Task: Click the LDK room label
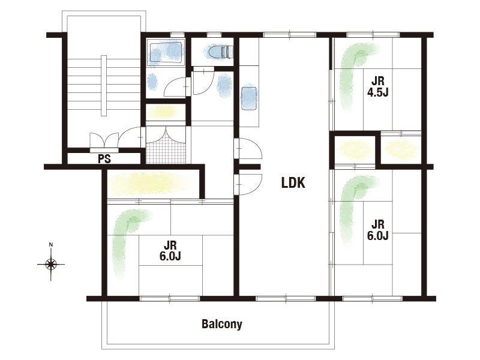[293, 183]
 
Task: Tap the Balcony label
[221, 324]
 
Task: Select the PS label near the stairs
[104, 159]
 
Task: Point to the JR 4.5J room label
[378, 86]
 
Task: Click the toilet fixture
[220, 52]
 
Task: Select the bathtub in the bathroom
[166, 52]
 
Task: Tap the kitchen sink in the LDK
[249, 98]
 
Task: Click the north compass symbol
[51, 264]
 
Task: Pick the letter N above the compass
[51, 244]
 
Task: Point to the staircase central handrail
[104, 86]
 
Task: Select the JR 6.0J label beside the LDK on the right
[378, 230]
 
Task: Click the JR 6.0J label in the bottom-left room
[170, 250]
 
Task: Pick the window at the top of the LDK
[290, 35]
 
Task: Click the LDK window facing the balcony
[286, 298]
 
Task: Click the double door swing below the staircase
[104, 141]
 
